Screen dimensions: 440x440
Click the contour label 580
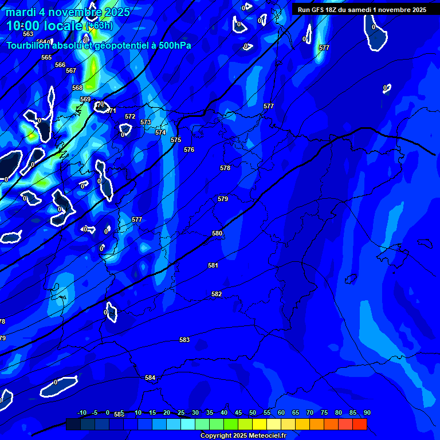pyautogui.click(x=217, y=233)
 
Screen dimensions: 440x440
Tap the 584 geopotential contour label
pyautogui.click(x=150, y=378)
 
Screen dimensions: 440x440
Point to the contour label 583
pyautogui.click(x=184, y=340)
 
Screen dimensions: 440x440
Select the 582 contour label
pyautogui.click(x=217, y=294)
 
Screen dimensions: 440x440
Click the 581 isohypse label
pyautogui.click(x=213, y=265)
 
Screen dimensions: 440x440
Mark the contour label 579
pyautogui.click(x=223, y=199)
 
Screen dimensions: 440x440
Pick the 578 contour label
pyautogui.click(x=225, y=168)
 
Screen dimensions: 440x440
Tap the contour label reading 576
pyautogui.click(x=189, y=150)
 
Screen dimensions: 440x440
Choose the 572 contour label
pyautogui.click(x=130, y=116)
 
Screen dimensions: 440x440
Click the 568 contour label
pyautogui.click(x=77, y=88)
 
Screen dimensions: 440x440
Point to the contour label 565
pyautogui.click(x=46, y=57)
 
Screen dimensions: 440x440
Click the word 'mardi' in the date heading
pyautogui.click(x=21, y=12)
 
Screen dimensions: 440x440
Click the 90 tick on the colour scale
pyautogui.click(x=367, y=412)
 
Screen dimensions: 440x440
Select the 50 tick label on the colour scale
pyautogui.click(x=253, y=412)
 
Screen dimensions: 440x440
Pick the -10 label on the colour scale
pyautogui.click(x=82, y=412)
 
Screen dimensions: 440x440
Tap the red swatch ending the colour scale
pyautogui.click(x=359, y=424)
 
